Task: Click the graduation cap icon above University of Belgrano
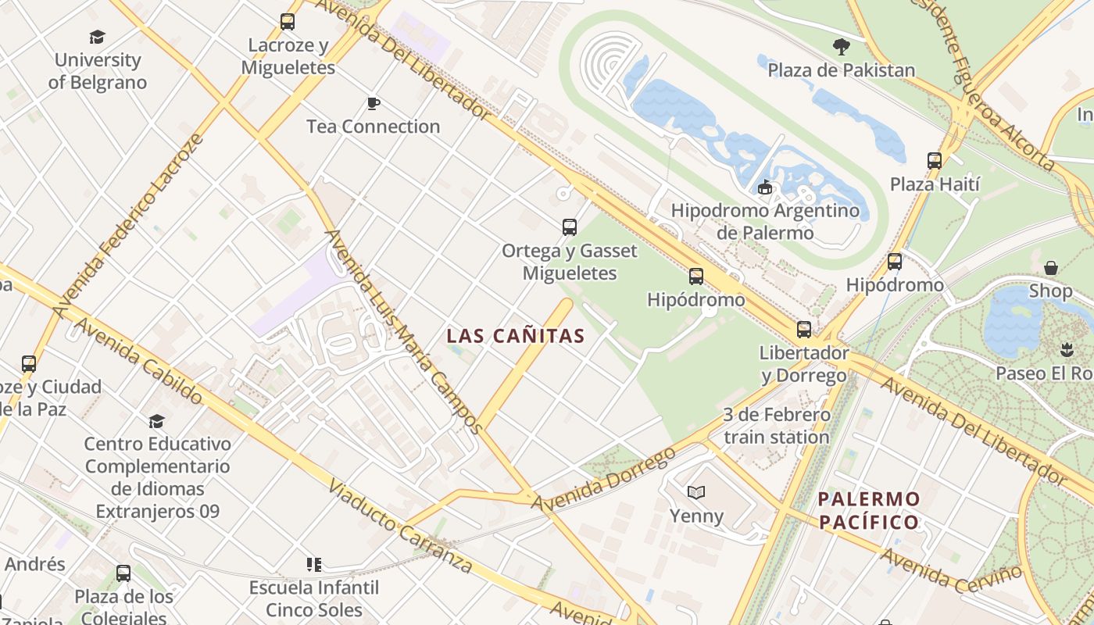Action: click(x=97, y=37)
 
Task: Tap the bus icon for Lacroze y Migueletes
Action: click(x=288, y=22)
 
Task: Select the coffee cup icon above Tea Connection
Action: click(x=373, y=103)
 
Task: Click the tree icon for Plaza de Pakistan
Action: click(x=841, y=47)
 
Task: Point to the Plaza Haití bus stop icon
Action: click(x=935, y=161)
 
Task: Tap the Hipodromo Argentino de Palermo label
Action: click(x=765, y=221)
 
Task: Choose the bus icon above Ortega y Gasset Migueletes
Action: click(x=570, y=227)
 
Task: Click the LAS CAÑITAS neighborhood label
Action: click(x=515, y=336)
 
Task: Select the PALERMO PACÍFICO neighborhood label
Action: click(x=868, y=510)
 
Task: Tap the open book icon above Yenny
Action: click(x=696, y=492)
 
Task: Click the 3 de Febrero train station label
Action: click(x=776, y=426)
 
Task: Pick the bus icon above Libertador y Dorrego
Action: click(x=804, y=330)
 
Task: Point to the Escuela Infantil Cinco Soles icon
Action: click(x=314, y=564)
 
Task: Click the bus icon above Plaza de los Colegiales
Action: click(x=123, y=573)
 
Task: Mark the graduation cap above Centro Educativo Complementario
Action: click(x=157, y=421)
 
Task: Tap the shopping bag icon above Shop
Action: click(x=1051, y=268)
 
